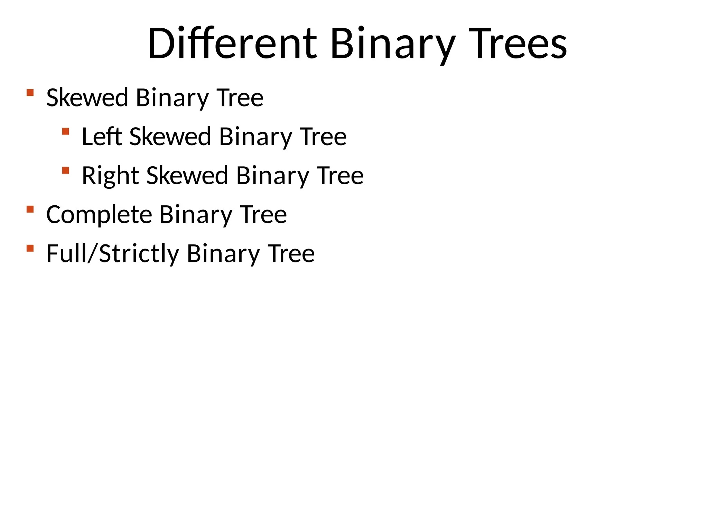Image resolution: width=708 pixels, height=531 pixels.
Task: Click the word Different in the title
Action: click(232, 44)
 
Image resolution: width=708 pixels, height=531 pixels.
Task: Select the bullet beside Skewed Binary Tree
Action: click(30, 92)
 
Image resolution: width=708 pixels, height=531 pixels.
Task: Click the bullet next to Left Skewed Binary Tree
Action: click(65, 131)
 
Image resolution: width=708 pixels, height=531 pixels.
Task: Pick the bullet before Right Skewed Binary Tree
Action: click(65, 170)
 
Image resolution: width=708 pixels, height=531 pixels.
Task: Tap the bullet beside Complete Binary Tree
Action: click(30, 209)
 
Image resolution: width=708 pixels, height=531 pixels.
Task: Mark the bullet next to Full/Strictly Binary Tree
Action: click(30, 248)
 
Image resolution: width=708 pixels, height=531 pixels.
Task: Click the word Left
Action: click(102, 137)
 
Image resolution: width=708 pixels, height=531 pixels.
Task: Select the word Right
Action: click(110, 176)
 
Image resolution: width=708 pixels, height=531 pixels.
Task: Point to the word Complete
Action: click(99, 215)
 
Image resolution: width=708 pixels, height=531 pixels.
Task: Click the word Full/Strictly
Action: click(113, 254)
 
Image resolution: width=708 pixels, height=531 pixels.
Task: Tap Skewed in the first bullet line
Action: click(87, 98)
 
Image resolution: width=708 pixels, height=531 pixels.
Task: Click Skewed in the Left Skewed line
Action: click(170, 137)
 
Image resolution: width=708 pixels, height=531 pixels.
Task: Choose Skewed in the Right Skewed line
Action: click(187, 176)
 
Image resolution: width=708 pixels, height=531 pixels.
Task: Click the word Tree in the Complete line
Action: click(263, 215)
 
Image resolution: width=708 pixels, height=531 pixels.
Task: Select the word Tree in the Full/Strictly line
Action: click(291, 254)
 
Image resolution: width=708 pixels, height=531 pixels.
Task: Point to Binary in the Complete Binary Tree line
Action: click(196, 215)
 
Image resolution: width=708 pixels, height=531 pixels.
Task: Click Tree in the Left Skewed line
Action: click(323, 137)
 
